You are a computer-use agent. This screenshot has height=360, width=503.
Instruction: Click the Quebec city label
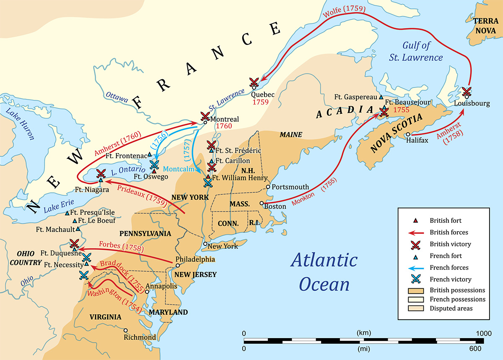tap(263, 94)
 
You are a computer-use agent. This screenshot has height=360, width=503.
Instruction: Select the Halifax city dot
tap(408, 135)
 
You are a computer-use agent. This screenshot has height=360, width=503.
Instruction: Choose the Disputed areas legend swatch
tap(416, 308)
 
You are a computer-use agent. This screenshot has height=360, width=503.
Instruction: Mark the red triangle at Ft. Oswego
tap(154, 171)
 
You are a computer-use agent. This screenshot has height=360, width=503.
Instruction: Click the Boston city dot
tap(262, 203)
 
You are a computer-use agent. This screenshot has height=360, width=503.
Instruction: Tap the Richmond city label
tap(140, 337)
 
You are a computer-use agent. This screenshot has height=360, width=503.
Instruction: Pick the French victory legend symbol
tap(416, 279)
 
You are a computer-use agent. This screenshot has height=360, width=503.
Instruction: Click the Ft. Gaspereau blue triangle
tap(381, 97)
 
